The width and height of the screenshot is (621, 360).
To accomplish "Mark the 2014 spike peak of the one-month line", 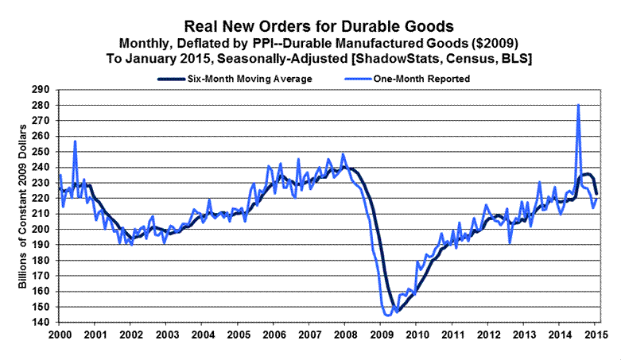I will click(x=578, y=105).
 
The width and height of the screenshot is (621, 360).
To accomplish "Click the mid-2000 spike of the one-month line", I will click(x=75, y=141).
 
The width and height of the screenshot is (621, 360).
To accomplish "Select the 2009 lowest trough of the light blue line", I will click(x=387, y=315).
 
